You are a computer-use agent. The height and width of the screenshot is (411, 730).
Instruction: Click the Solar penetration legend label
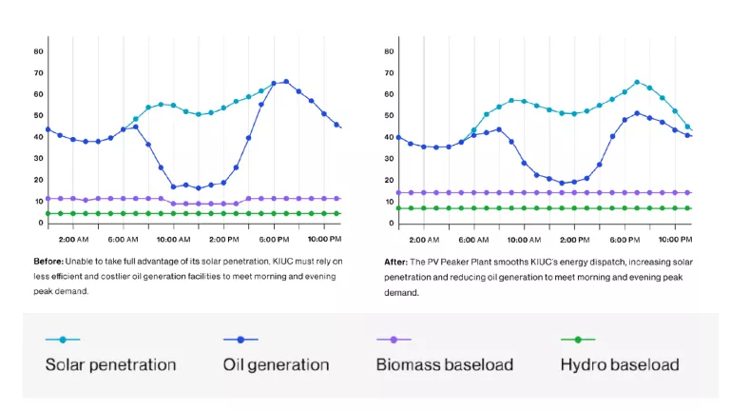click(110, 364)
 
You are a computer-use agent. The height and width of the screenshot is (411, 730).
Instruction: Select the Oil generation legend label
click(276, 364)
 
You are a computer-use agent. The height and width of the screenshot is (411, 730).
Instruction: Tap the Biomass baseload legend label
click(445, 364)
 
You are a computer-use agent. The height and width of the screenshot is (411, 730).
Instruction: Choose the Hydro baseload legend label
click(620, 364)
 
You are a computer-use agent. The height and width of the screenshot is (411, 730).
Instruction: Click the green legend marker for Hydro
click(577, 339)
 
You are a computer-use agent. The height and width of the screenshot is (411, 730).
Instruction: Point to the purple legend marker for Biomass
click(394, 339)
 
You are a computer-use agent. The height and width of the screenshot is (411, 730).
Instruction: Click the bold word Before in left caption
click(48, 261)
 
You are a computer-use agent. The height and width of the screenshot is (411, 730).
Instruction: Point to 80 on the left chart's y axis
click(39, 50)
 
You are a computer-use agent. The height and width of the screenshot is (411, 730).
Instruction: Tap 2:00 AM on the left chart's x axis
click(72, 239)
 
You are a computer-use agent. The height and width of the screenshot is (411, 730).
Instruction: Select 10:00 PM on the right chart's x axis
click(676, 239)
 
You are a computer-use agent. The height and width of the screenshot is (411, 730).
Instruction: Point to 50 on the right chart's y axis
click(389, 115)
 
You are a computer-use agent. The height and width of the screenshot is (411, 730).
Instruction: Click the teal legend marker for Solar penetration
click(63, 339)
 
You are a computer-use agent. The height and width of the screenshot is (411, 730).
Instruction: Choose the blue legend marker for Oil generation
click(240, 339)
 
